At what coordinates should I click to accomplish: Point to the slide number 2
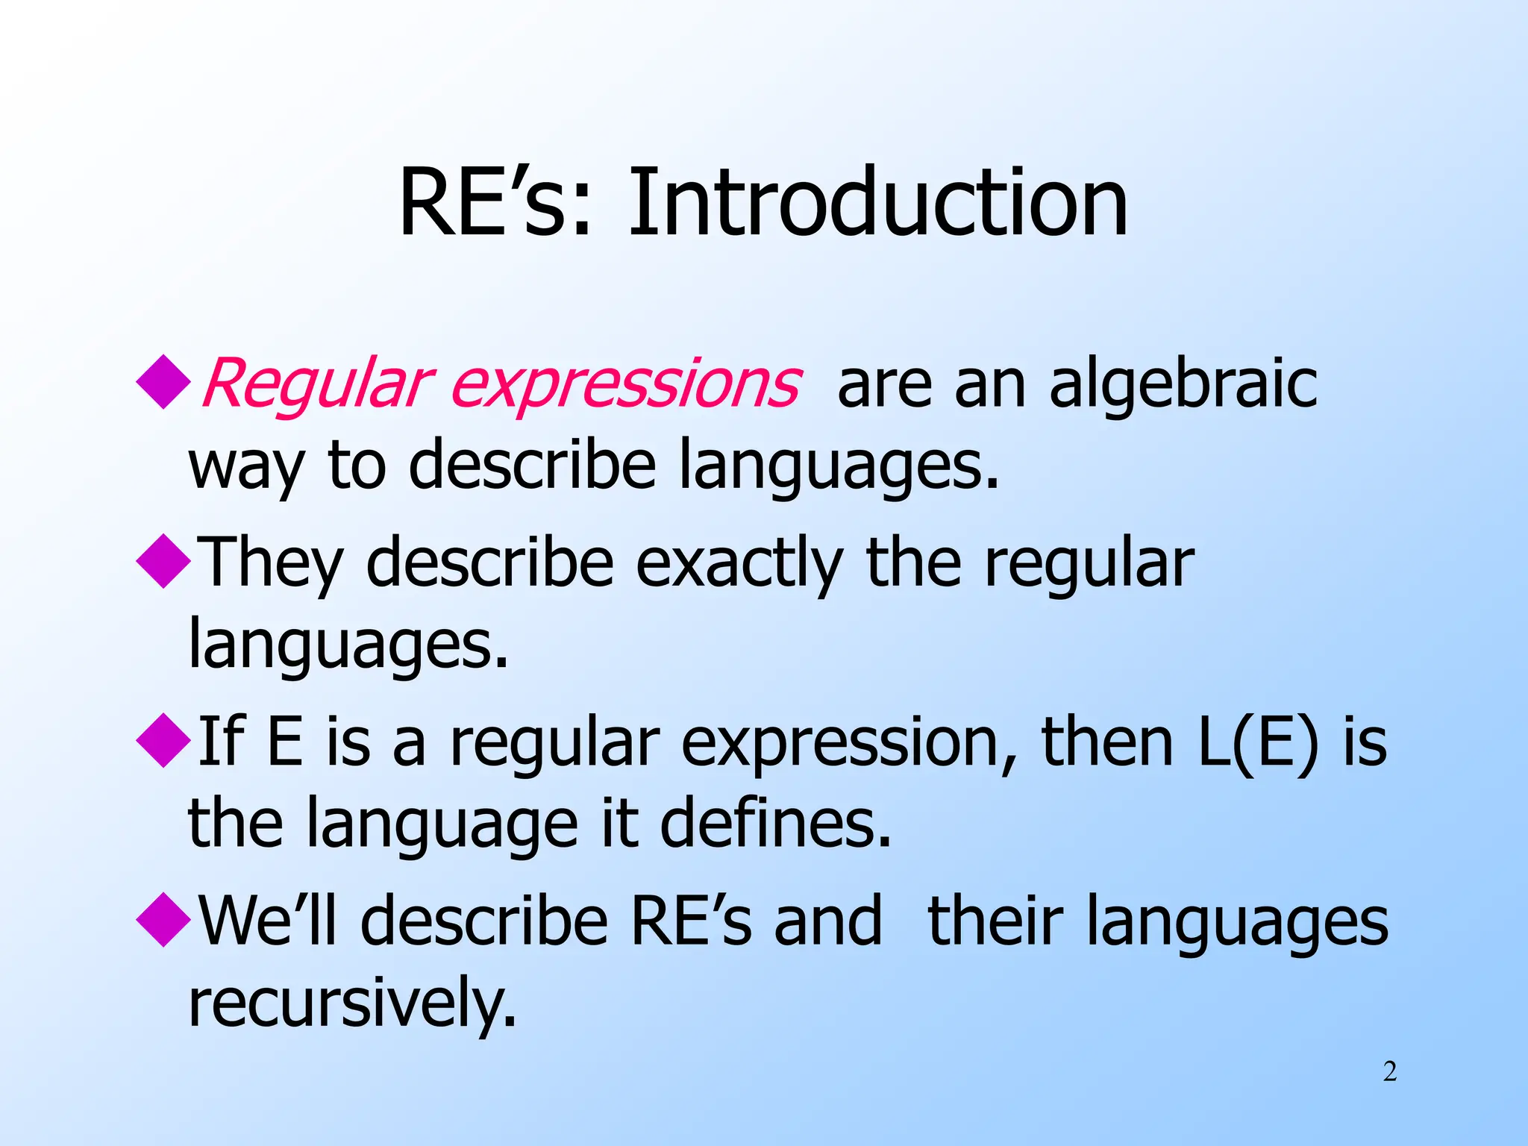tap(1389, 1072)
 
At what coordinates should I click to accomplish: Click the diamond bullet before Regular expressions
tap(163, 381)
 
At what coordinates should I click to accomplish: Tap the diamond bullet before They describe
tap(163, 561)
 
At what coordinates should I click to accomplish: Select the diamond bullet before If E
tap(163, 740)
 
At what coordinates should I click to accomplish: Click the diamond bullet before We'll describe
tap(163, 920)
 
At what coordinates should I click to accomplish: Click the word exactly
tap(739, 565)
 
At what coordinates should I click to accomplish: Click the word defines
tap(776, 823)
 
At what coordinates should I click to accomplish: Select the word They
tap(272, 565)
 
